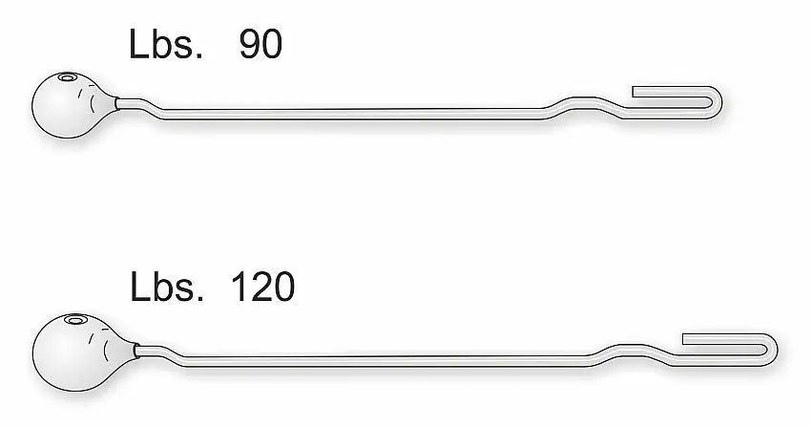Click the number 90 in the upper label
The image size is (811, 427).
(x=260, y=44)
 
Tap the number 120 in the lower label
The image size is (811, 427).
(x=263, y=287)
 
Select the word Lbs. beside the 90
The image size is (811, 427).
(x=165, y=44)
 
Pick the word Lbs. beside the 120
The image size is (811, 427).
(x=167, y=287)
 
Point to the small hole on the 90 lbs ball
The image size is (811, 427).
(x=67, y=77)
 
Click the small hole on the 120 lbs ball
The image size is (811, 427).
(x=75, y=321)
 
